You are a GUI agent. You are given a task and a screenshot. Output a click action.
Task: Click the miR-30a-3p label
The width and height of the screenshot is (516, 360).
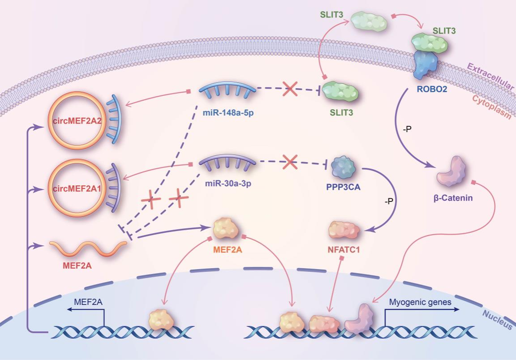coord(227,184)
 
